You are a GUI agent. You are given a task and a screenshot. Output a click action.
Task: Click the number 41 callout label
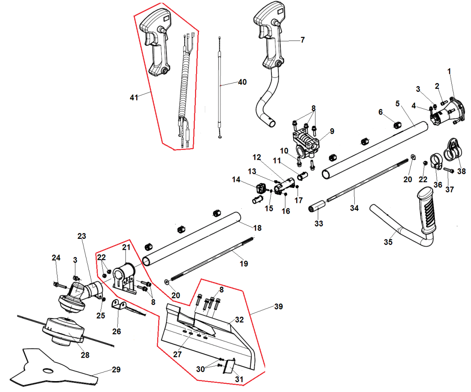pyautogui.click(x=134, y=97)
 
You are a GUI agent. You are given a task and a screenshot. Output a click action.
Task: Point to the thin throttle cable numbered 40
pyautogui.click(x=220, y=87)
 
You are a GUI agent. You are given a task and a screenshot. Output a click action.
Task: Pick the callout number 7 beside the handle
pyautogui.click(x=302, y=40)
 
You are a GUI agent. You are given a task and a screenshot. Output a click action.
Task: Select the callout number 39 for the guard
pyautogui.click(x=279, y=307)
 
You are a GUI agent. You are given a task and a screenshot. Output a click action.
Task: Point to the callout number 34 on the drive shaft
pyautogui.click(x=354, y=208)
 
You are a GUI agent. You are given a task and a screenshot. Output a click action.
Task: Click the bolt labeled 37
pyautogui.click(x=450, y=171)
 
